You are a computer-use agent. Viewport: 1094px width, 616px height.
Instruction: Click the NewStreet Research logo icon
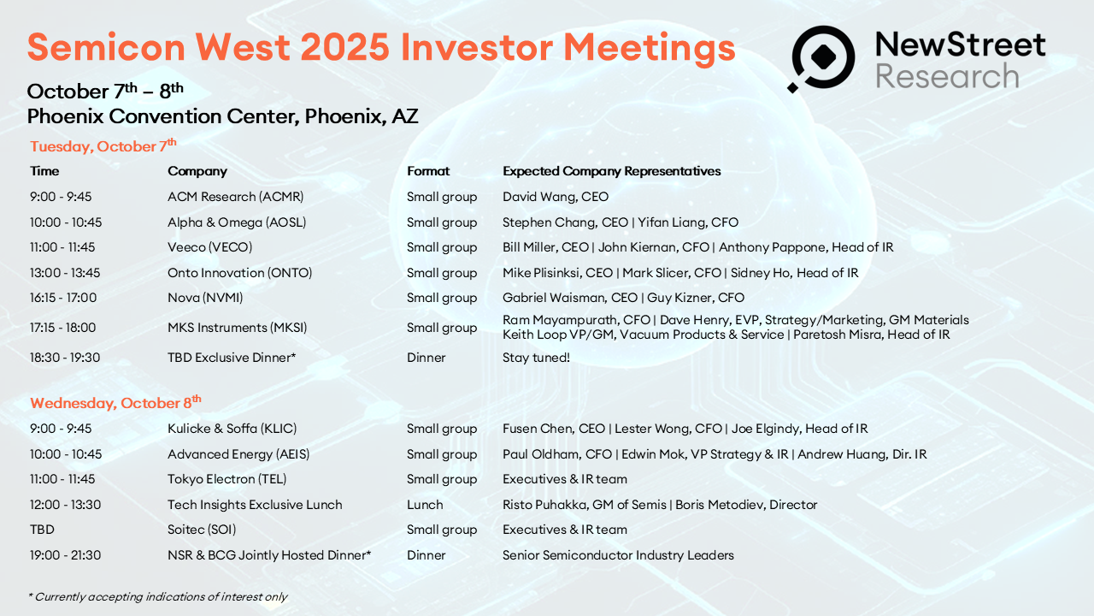coord(821,59)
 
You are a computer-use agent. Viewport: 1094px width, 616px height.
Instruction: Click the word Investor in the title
coord(476,47)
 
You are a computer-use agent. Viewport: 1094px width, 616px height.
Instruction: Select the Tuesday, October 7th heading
coord(103,145)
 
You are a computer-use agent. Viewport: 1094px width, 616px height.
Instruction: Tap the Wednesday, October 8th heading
coord(115,402)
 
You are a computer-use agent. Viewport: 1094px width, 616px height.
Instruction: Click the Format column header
coord(428,171)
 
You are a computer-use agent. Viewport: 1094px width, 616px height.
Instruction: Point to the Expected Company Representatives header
coord(611,171)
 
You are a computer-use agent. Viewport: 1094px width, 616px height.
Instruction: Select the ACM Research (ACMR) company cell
coord(235,197)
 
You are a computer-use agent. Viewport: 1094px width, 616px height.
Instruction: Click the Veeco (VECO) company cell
coord(210,247)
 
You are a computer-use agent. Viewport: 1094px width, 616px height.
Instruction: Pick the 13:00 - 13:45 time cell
coord(65,273)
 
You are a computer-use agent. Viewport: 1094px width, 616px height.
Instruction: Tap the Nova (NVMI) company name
coord(205,297)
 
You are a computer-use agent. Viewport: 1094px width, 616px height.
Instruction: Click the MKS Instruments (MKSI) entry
coord(238,328)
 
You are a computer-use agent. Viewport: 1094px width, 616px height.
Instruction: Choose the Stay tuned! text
coord(536,358)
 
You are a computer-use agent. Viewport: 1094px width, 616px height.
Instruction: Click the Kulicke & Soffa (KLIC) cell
coord(232,429)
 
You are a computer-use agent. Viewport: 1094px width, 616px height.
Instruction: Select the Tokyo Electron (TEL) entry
coord(227,479)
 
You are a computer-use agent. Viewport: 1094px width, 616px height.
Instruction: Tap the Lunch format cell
coord(425,505)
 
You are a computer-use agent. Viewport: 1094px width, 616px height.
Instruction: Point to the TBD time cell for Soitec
coord(42,530)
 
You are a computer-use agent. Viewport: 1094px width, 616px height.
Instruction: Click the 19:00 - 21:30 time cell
coord(66,555)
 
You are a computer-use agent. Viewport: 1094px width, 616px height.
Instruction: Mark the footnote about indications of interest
coord(158,596)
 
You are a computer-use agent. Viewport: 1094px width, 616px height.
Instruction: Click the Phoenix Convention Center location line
coord(223,116)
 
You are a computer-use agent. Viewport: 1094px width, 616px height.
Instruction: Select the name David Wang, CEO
coord(556,197)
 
